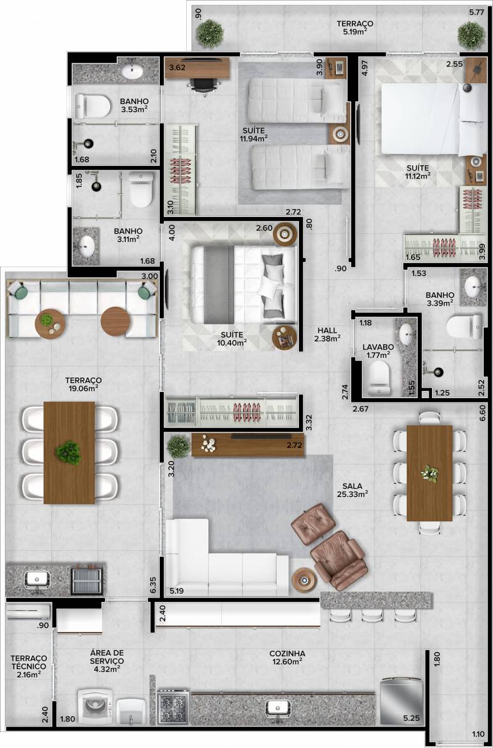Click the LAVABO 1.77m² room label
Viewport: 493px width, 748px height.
pos(378,351)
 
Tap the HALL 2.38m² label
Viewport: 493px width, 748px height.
pos(327,335)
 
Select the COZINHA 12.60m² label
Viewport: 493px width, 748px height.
pos(287,657)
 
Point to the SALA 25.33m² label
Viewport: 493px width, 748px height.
pos(352,490)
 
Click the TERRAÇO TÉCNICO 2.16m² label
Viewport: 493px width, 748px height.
pos(28,666)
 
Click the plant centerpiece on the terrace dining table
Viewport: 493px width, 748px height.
pos(69,453)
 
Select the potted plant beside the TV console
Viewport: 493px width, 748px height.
pos(179,446)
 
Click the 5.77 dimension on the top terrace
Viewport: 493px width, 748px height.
pos(476,13)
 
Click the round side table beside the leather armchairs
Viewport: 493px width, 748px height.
pos(304,581)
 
